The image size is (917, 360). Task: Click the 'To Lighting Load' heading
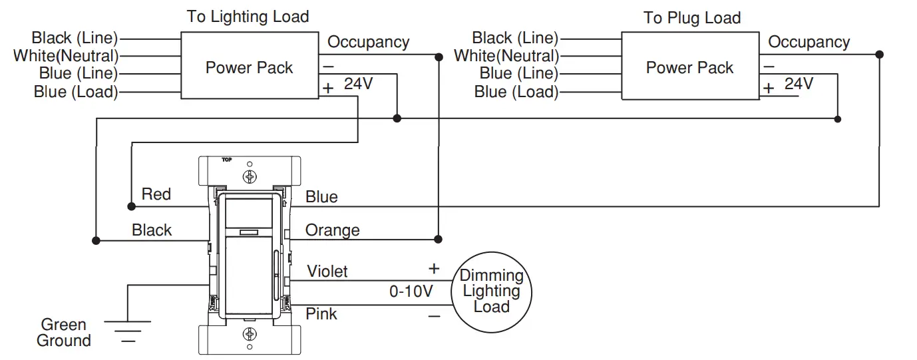[248, 17]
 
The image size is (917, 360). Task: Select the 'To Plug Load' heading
[691, 18]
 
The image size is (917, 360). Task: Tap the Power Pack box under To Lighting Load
[249, 67]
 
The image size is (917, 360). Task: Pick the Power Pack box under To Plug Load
[689, 67]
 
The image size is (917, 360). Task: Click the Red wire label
[156, 194]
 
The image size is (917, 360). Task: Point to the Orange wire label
[332, 230]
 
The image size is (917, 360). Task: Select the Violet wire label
[327, 271]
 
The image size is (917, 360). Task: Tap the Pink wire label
[321, 313]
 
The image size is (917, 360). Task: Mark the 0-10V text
[411, 291]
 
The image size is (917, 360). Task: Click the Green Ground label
[64, 333]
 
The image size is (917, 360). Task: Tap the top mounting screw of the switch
[250, 177]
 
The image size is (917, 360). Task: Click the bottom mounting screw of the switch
[250, 334]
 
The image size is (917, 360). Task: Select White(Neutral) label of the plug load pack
[506, 56]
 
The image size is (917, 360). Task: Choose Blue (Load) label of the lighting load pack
[75, 92]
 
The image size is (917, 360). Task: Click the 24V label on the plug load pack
[799, 84]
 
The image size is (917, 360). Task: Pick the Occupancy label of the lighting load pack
[368, 43]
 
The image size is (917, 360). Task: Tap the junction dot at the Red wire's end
[130, 204]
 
